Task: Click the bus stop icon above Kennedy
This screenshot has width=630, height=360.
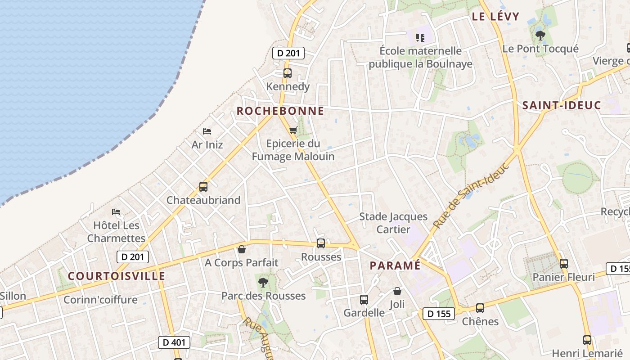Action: pos(287,73)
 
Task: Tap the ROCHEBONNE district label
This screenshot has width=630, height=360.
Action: pos(280,111)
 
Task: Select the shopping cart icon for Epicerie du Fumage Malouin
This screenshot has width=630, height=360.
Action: pos(293,130)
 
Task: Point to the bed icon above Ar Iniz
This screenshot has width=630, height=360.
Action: pos(207,131)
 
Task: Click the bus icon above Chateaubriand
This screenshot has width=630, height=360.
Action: pos(203,187)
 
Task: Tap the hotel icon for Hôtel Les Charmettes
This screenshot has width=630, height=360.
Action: pos(116,211)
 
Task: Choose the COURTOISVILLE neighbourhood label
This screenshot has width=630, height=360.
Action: pos(117,276)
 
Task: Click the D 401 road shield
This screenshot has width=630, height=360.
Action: pos(174,342)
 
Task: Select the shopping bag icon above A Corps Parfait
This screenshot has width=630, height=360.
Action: pos(242,249)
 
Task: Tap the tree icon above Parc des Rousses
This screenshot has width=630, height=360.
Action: pos(263,283)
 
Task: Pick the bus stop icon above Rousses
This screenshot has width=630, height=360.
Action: pos(321,243)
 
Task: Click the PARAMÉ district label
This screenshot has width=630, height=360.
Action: pos(395,265)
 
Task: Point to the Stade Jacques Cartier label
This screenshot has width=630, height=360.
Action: pos(393,223)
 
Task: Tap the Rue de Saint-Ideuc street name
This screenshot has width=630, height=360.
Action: pos(471,194)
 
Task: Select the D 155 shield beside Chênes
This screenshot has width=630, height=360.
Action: pos(439,314)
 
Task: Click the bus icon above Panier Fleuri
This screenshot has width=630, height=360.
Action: pos(563,264)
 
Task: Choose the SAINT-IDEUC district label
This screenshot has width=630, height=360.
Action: pos(562,105)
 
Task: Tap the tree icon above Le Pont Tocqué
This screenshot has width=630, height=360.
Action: pos(540,35)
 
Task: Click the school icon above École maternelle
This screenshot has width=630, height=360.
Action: pos(420,37)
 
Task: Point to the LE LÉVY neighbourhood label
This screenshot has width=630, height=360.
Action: pos(495,17)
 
